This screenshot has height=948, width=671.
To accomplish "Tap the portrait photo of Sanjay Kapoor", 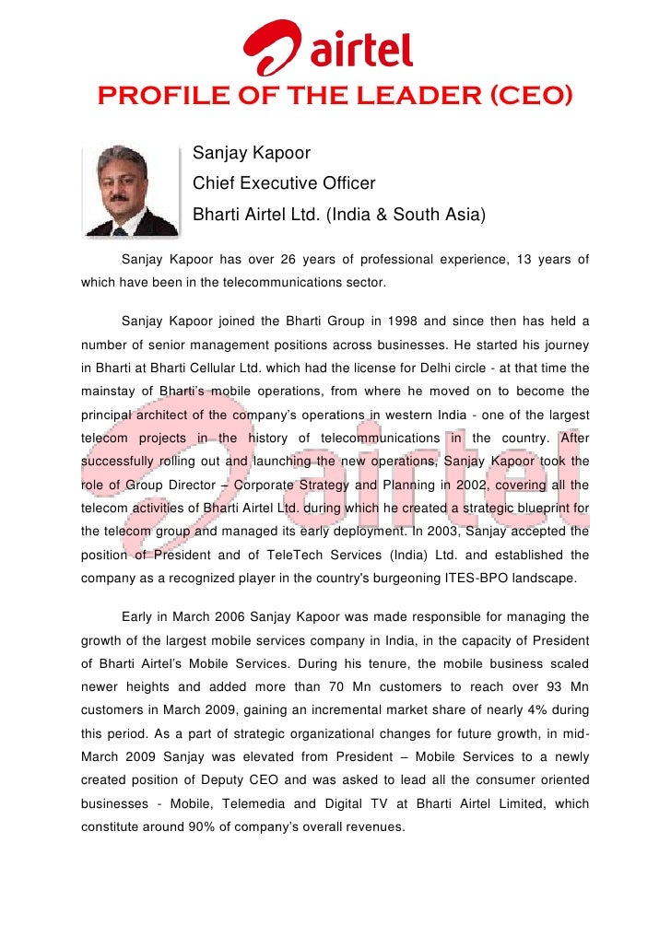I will pos(128,189).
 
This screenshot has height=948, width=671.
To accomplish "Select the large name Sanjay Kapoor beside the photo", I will pos(252,153).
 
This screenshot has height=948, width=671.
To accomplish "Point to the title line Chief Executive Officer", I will pos(284,183).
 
